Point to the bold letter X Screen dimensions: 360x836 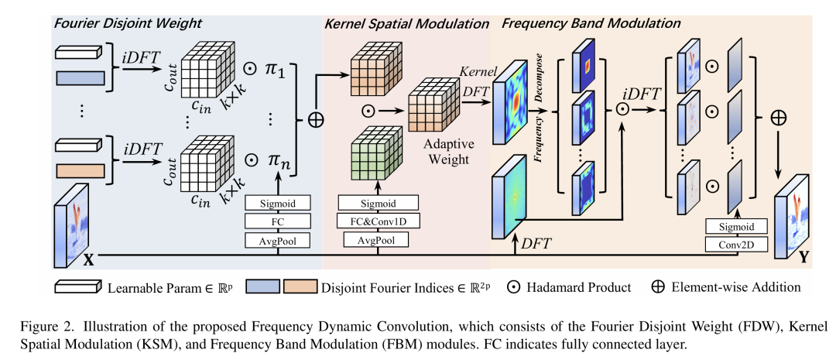pos(88,261)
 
